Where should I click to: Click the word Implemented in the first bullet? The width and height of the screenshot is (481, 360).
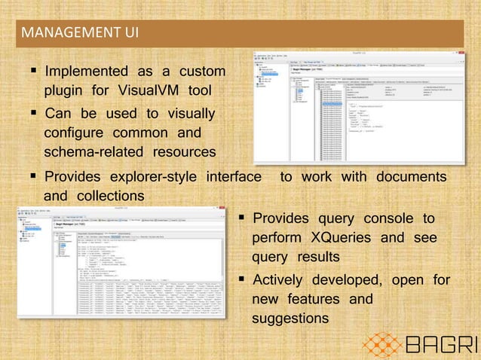point(87,72)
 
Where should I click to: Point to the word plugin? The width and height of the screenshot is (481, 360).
point(67,92)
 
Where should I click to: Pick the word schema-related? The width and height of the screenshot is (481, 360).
point(97,153)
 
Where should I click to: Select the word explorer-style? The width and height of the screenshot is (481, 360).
point(153,177)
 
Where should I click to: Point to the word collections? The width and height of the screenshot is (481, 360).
point(106,196)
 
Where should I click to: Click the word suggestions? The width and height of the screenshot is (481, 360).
point(290,319)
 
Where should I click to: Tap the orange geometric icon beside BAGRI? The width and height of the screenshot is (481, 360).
point(383,343)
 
